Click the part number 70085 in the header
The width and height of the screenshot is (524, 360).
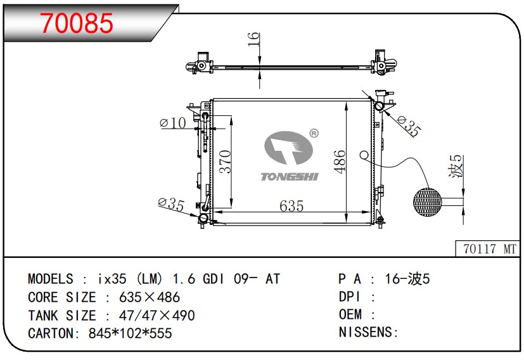click(77, 23)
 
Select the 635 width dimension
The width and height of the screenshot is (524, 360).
click(291, 206)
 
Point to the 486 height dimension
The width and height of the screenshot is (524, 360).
click(340, 162)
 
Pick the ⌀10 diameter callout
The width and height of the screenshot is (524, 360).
click(174, 123)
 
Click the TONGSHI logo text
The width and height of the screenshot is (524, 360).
click(289, 177)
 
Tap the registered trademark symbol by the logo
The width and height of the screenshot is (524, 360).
click(313, 134)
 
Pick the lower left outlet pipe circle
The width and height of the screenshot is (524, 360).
click(203, 219)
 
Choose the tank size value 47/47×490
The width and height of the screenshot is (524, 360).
click(150, 315)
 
